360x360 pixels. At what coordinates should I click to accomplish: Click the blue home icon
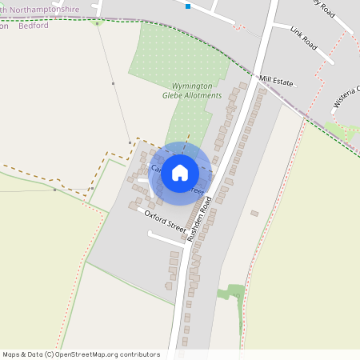[x=180, y=172]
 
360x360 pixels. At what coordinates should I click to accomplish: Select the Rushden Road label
[x=199, y=218]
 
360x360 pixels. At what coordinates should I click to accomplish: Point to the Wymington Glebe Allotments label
[x=186, y=90]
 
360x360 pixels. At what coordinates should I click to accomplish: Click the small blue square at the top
[x=188, y=6]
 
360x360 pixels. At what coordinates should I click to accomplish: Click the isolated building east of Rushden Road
[x=254, y=213]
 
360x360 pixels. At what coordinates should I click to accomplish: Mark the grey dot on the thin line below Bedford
[x=114, y=83]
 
